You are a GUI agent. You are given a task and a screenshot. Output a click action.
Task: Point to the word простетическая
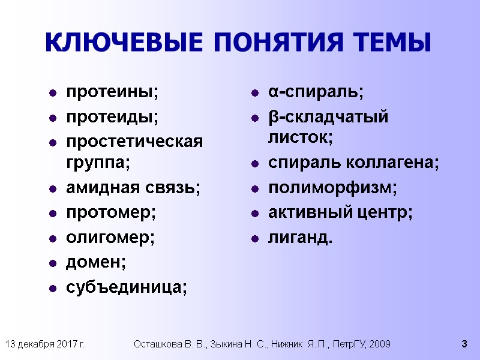(134, 142)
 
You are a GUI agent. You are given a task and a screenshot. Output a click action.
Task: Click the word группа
(97, 162)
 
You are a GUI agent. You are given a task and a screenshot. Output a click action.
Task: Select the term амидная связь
(133, 188)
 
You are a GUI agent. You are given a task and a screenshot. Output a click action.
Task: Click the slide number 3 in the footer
(464, 344)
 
